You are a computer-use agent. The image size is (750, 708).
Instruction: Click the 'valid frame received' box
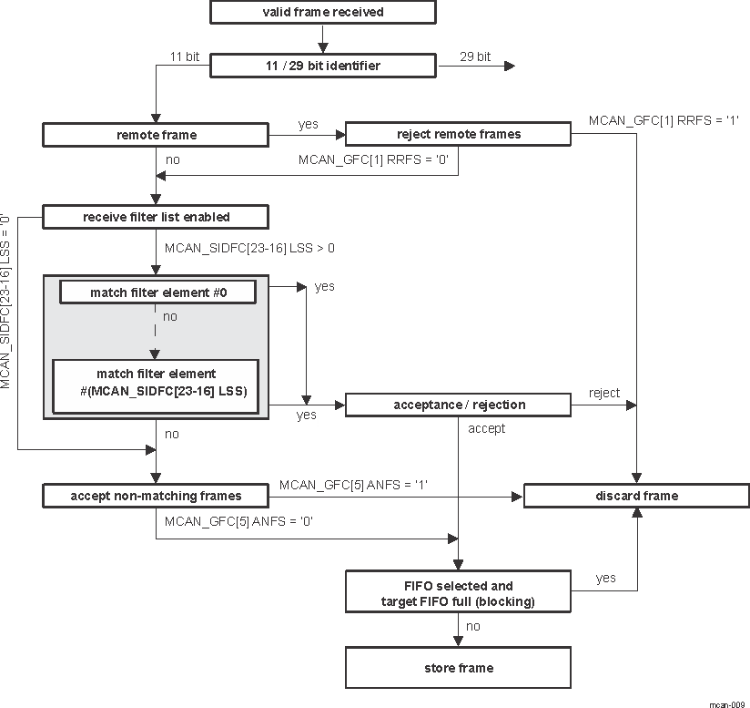coord(322,12)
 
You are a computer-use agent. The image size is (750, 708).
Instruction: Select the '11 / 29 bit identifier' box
coord(322,67)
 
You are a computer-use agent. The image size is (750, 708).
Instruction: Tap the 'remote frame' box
coord(156,135)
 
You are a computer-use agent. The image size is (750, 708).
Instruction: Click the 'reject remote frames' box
coord(458,135)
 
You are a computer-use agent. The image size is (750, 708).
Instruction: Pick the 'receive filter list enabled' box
coord(156,217)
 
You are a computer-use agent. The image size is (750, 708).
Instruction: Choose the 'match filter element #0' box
coord(157,292)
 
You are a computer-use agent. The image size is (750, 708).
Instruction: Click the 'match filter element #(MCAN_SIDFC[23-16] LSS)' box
coord(156,382)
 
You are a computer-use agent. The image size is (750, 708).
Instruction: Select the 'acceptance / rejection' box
coord(458,405)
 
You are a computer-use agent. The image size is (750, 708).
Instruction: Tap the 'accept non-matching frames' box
coord(156,496)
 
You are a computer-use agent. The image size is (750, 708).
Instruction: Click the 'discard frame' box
coord(635,496)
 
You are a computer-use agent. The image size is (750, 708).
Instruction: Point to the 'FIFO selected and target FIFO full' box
coord(458,592)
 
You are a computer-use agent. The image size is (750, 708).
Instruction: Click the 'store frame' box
coord(458,668)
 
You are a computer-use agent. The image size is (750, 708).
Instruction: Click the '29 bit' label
coord(474,56)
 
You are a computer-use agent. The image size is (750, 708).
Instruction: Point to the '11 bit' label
coord(185,56)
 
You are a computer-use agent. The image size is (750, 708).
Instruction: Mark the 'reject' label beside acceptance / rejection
coord(604,393)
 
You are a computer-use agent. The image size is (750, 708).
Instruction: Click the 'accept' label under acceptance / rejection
coord(486,428)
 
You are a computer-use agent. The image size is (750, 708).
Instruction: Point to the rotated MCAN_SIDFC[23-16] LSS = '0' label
coord(6,302)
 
